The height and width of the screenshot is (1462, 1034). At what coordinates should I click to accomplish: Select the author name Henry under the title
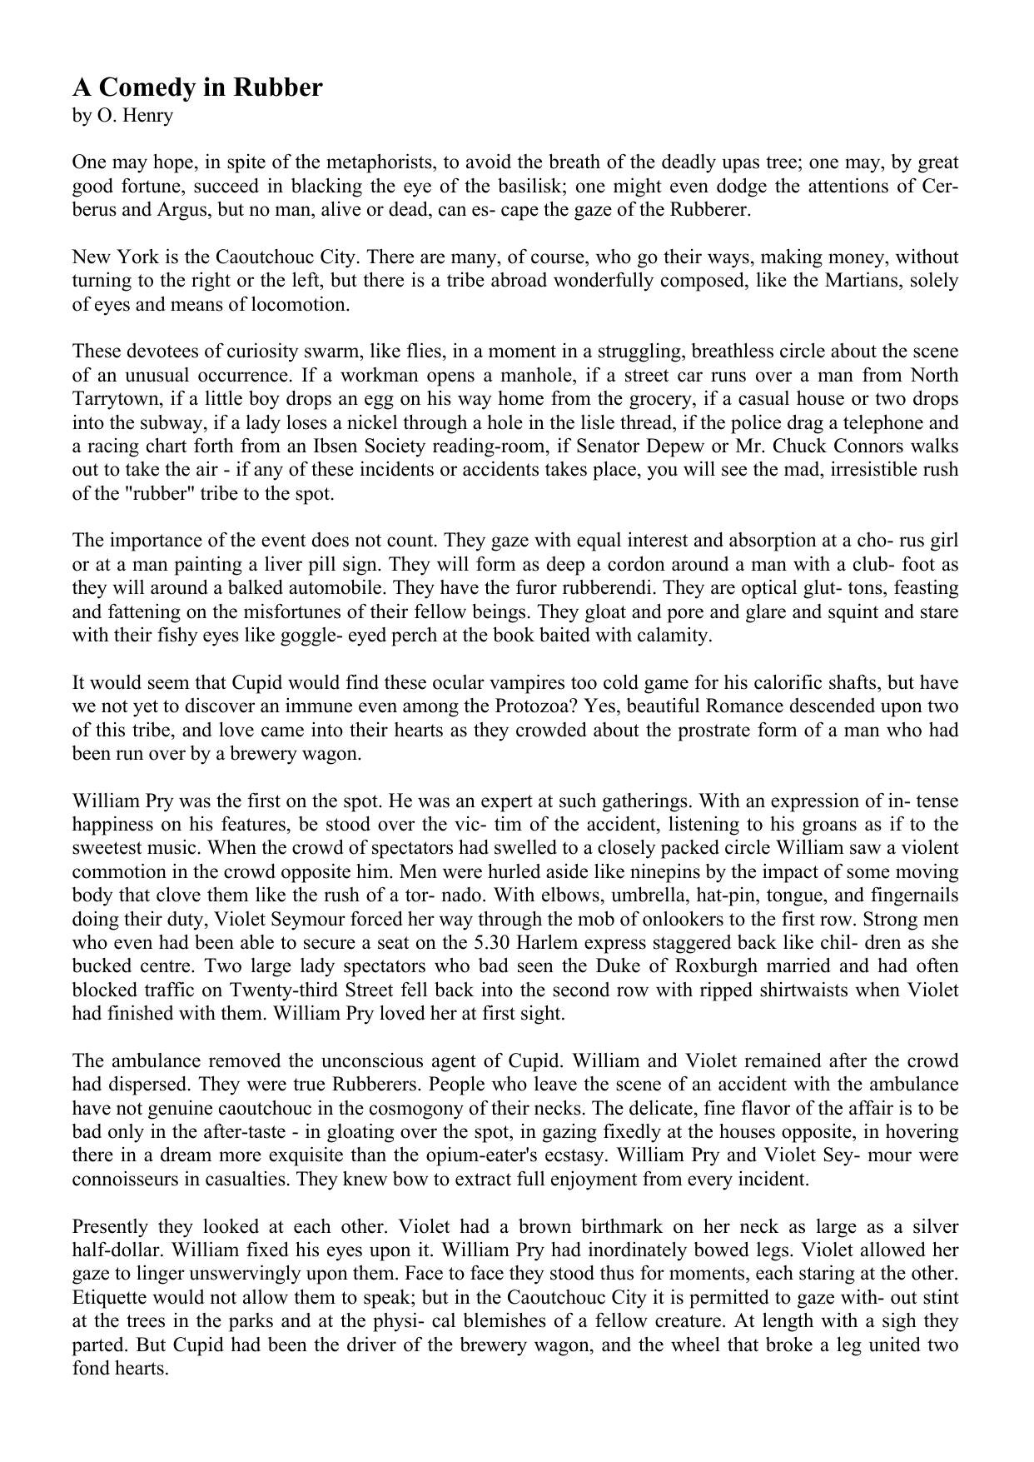point(146,115)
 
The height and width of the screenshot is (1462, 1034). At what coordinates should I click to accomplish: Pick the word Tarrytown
point(113,398)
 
